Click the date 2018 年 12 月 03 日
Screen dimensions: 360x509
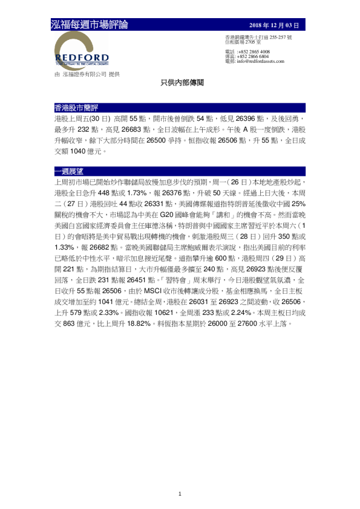pos(274,25)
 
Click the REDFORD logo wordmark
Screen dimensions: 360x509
pos(82,57)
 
